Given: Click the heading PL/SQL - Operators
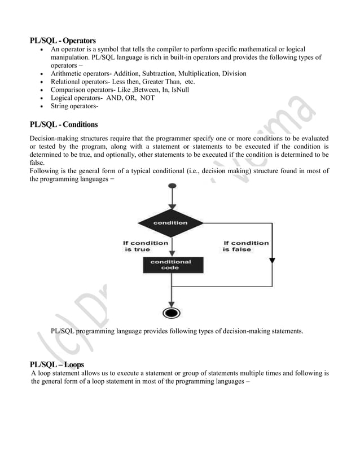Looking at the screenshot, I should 63,41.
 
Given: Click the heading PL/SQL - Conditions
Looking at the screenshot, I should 64,124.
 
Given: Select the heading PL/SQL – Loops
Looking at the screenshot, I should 58,364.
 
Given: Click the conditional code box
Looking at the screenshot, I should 170,265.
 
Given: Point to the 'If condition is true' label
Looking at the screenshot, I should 146,246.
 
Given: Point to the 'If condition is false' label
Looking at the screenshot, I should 246,246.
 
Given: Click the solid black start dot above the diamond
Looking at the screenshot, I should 170,187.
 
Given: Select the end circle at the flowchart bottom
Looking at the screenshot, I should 170,313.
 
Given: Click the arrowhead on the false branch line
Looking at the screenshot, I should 273,260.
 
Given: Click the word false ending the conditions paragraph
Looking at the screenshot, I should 37,162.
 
